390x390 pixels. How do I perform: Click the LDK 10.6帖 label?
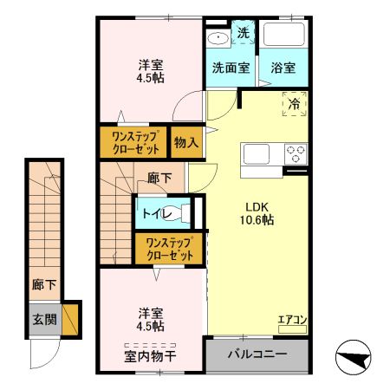click(x=257, y=213)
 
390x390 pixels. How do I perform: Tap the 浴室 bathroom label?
click(x=283, y=68)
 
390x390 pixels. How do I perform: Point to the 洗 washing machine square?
click(x=244, y=33)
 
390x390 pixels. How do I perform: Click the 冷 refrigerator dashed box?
click(x=295, y=104)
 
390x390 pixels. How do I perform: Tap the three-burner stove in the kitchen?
click(x=296, y=154)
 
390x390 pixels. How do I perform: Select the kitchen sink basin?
click(x=258, y=154)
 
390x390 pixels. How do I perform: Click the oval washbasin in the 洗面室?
click(x=218, y=36)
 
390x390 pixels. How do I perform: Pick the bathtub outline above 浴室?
click(x=283, y=36)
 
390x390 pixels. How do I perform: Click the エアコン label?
click(x=290, y=319)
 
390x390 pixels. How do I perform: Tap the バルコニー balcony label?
click(x=257, y=354)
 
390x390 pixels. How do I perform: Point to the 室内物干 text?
click(x=151, y=355)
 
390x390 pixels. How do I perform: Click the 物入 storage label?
click(x=185, y=141)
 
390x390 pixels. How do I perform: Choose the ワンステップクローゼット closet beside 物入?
click(x=134, y=141)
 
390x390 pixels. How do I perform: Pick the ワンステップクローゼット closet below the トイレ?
click(x=168, y=249)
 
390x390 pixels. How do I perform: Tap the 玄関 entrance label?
click(x=45, y=319)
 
